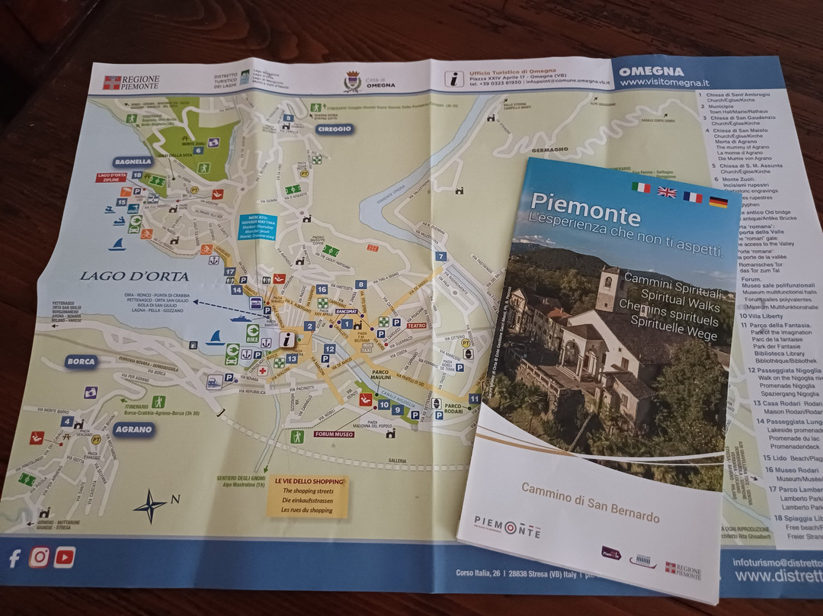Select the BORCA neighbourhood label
point(81,361)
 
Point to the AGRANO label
point(134,429)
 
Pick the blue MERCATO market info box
point(258,226)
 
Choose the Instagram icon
point(40,557)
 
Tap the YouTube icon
point(65,557)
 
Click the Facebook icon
point(14,558)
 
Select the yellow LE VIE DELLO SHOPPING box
point(308,496)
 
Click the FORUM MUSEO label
point(334,434)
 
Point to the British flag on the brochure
point(666,191)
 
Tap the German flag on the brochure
point(717,201)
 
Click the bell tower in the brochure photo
point(609,289)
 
